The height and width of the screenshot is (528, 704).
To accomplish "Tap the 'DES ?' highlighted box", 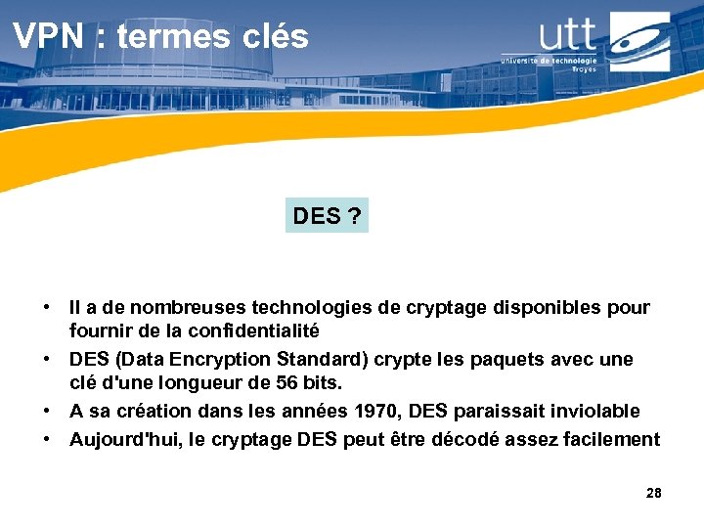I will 328,216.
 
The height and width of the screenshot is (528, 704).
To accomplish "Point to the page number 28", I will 654,493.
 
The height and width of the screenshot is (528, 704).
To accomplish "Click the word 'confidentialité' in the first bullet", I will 256,330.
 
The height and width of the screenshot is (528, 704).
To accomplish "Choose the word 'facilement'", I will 613,439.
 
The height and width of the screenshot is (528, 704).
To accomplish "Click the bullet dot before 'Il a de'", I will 47,308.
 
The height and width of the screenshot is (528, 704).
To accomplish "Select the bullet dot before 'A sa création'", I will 47,411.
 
